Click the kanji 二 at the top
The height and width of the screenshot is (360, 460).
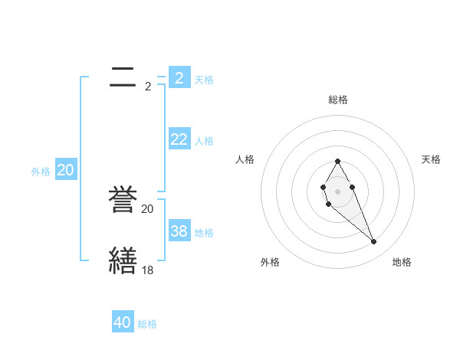pos(123,77)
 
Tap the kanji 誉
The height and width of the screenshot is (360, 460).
pos(123,201)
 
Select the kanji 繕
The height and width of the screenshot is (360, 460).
pos(123,260)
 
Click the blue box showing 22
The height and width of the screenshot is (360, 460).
pos(179,139)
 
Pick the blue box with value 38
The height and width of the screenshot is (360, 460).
pos(179,231)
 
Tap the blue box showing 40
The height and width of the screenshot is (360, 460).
pos(123,322)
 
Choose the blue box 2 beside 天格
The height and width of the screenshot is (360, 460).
pos(179,77)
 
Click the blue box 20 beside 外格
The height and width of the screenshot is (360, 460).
pos(66,170)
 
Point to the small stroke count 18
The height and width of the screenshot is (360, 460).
pos(148,270)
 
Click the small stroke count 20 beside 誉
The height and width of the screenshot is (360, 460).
pos(148,208)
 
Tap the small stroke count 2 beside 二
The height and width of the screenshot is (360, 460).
pos(148,87)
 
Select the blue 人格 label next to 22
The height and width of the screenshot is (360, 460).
pos(204,141)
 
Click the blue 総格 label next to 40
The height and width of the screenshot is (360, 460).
pos(147,325)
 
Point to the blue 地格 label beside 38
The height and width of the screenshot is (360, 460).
pos(204,233)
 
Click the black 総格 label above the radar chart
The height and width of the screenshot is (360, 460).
pos(338,100)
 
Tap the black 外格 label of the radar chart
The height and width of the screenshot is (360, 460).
pos(269,262)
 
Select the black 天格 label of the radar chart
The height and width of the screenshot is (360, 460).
pos(432,159)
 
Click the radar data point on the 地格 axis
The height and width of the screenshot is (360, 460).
pos(373,242)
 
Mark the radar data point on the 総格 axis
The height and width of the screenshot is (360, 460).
pos(338,162)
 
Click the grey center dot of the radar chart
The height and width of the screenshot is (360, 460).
pos(338,191)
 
